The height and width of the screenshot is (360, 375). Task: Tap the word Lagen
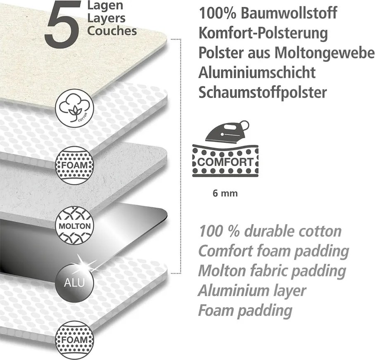(x=105, y=6)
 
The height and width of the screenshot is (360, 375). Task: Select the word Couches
(x=112, y=31)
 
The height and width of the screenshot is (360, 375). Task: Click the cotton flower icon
(x=75, y=108)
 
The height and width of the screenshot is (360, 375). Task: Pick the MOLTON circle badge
(x=75, y=226)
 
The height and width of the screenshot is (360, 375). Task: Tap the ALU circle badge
(x=74, y=283)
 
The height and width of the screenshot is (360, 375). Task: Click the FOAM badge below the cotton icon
(x=75, y=166)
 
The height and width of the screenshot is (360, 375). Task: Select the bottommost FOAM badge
(x=75, y=340)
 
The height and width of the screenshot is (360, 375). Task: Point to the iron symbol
(x=227, y=132)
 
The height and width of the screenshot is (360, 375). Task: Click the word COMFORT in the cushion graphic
(x=225, y=162)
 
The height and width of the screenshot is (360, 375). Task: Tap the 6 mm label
(x=225, y=193)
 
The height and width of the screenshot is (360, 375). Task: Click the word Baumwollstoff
(x=289, y=13)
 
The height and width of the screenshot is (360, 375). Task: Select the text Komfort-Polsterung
(x=263, y=33)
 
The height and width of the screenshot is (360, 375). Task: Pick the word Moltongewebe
(x=324, y=53)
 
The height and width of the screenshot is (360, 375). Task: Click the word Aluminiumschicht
(x=257, y=72)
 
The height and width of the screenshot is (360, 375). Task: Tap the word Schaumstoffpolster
(x=263, y=92)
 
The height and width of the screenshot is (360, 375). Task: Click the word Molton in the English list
(x=222, y=271)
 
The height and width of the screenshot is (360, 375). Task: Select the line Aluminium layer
(x=252, y=291)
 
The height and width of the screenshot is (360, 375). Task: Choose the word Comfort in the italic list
(x=225, y=251)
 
